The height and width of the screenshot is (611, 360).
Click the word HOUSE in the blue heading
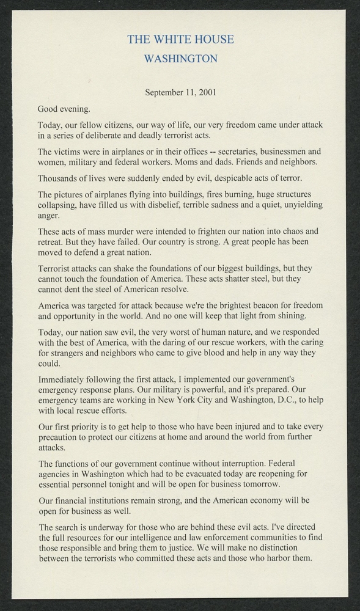(213, 40)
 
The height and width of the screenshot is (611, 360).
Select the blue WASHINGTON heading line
(180, 59)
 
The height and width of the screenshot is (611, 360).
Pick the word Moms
(194, 163)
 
